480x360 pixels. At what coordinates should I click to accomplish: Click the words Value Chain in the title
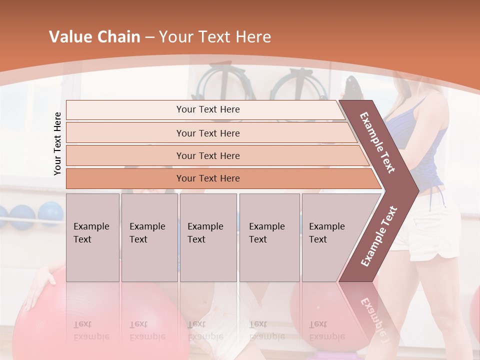(x=94, y=37)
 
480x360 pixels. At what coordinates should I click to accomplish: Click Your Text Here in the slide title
(x=215, y=37)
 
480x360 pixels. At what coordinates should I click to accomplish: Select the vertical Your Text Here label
(x=57, y=143)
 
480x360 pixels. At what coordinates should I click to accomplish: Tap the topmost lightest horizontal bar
(x=207, y=109)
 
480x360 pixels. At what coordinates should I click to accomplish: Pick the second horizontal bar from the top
(x=207, y=133)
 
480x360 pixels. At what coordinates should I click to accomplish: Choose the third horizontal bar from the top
(x=207, y=155)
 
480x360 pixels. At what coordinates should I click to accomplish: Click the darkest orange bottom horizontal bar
(x=207, y=178)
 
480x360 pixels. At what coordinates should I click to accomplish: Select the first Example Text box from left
(x=92, y=237)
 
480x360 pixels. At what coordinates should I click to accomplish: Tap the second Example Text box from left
(x=149, y=237)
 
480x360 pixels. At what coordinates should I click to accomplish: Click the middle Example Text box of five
(x=208, y=237)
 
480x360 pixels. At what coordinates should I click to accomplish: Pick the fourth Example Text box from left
(x=269, y=237)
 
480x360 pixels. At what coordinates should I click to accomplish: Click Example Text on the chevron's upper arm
(x=377, y=142)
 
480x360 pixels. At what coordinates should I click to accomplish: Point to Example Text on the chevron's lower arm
(x=379, y=236)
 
